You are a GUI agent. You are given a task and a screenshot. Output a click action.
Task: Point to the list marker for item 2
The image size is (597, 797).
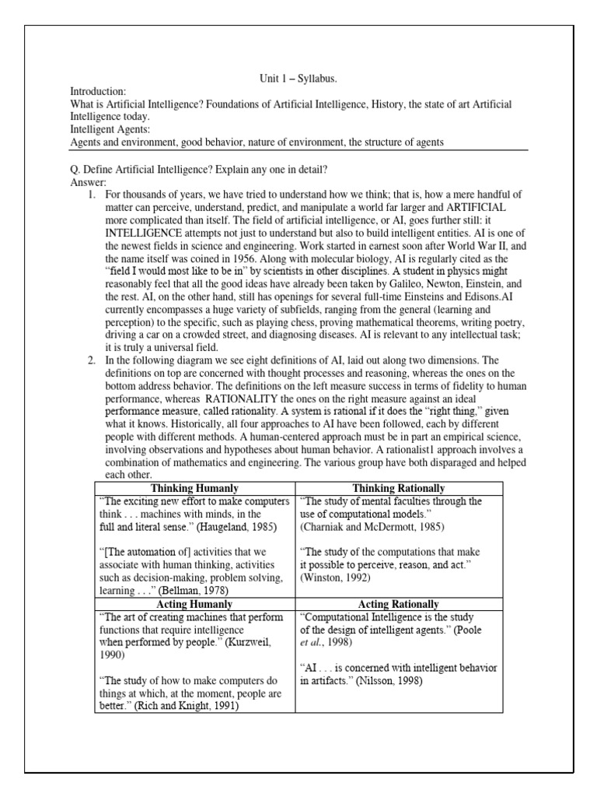(x=92, y=360)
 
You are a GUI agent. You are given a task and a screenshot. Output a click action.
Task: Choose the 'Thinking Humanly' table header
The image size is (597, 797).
(x=194, y=488)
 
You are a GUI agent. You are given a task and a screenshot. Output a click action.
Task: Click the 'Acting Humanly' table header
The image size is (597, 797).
(x=194, y=604)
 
